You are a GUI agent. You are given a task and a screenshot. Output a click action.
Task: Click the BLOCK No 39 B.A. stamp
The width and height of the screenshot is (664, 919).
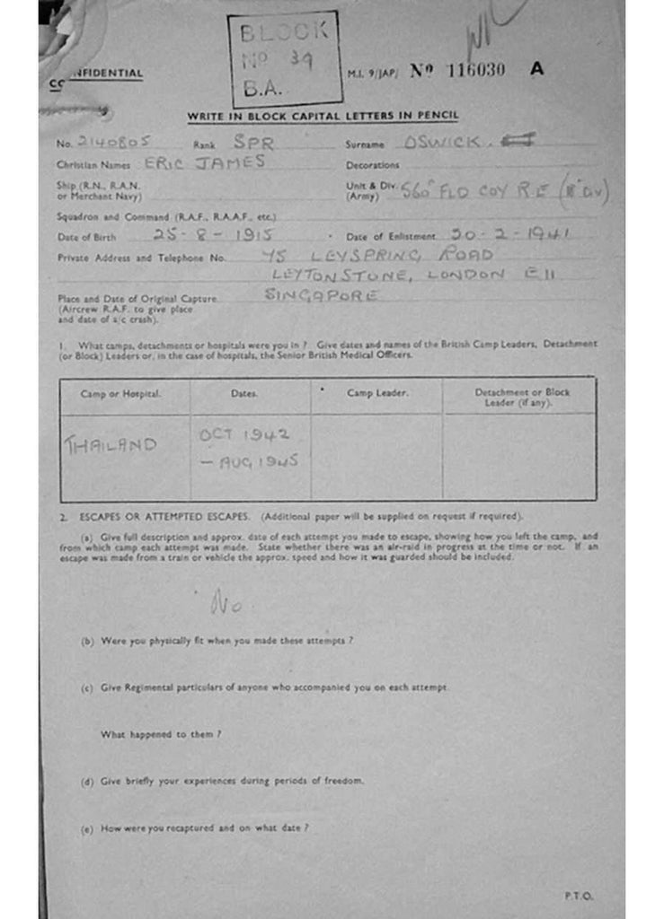tap(284, 59)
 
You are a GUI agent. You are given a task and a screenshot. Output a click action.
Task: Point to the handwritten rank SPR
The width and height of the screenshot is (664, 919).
tap(252, 141)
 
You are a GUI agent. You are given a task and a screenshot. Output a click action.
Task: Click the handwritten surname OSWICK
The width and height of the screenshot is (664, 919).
tap(442, 141)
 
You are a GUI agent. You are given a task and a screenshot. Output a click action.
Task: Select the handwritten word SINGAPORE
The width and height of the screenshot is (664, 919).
tap(321, 295)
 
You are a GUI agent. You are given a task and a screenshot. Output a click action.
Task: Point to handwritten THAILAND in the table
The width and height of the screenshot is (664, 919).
tap(111, 444)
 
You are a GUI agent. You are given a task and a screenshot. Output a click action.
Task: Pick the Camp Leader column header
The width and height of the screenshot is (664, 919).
tap(377, 393)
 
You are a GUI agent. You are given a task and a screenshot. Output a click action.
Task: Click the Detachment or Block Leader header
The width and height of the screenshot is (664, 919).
tap(521, 398)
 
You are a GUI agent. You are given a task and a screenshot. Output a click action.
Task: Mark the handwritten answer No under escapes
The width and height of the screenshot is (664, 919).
tap(226, 605)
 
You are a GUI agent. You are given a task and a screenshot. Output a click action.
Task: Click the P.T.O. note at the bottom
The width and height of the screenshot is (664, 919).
tap(579, 896)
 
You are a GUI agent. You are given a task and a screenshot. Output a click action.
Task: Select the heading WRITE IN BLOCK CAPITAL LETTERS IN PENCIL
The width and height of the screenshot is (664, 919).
tap(323, 116)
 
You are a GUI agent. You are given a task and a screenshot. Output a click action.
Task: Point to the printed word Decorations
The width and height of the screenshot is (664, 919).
tap(372, 165)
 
